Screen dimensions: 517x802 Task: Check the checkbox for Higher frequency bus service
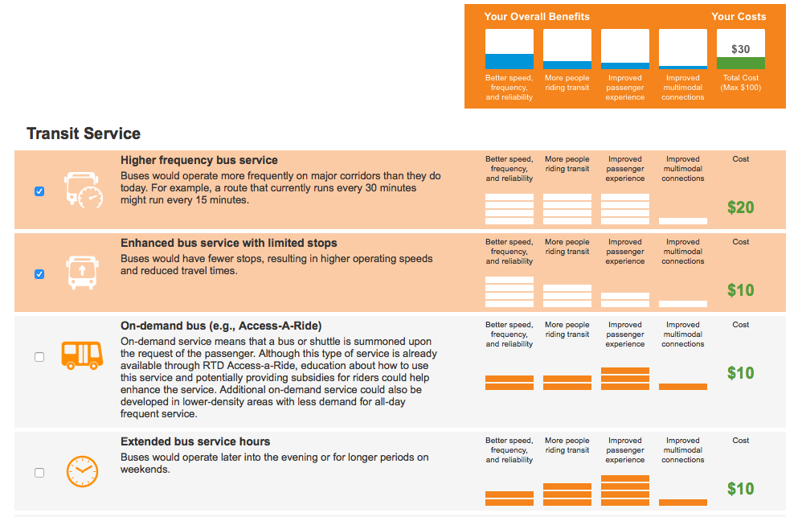pos(39,191)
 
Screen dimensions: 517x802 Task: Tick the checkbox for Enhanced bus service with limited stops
pos(39,274)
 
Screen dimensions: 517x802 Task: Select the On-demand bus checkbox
pos(39,357)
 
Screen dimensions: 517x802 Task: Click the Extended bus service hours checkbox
pos(39,473)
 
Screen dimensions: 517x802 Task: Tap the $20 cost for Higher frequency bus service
pos(740,207)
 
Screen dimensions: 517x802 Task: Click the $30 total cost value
pos(740,49)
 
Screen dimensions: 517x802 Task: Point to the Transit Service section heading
pos(84,133)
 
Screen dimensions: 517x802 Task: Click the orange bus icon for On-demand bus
pos(82,354)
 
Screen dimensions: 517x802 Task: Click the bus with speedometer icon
pos(84,190)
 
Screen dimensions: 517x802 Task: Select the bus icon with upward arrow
pos(81,273)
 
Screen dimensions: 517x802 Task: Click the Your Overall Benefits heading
pos(537,16)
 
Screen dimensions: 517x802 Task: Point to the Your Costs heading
pos(739,16)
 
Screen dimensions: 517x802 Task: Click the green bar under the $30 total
pos(740,63)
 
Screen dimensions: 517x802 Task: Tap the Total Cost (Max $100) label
pos(740,83)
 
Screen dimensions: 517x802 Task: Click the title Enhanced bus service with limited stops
pos(229,243)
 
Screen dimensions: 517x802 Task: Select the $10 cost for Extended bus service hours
pos(740,489)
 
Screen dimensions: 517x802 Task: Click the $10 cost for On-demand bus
pos(740,373)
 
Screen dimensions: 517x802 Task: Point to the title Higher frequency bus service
pos(199,160)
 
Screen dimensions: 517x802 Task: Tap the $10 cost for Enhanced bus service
pos(740,290)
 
